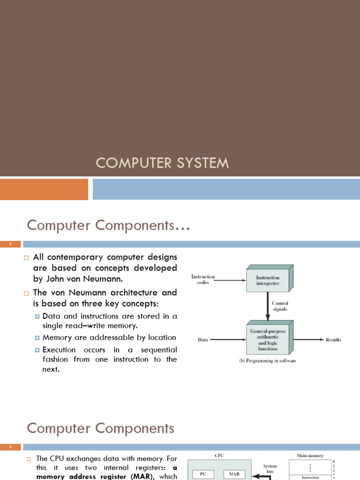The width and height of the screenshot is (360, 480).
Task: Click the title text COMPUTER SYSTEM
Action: click(163, 163)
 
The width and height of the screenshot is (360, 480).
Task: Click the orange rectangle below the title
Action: click(44, 189)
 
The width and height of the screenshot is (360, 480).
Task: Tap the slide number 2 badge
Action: click(10, 244)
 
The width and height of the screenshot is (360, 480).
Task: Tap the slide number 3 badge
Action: click(10, 447)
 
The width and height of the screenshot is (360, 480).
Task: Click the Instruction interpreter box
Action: click(268, 280)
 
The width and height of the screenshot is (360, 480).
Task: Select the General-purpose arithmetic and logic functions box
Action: click(268, 339)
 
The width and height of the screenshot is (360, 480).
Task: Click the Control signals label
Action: click(280, 307)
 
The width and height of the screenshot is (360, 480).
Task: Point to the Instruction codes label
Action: click(203, 280)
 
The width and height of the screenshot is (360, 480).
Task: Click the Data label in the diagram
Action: click(203, 340)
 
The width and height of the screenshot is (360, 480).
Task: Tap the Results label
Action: click(333, 340)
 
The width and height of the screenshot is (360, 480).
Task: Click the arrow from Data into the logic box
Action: click(227, 340)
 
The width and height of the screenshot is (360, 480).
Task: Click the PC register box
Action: click(203, 474)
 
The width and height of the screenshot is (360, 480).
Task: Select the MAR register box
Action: click(234, 474)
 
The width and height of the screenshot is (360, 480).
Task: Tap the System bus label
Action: click(270, 469)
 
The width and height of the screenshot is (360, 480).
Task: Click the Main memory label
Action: click(310, 456)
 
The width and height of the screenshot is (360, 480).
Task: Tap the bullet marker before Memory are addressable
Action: click(37, 337)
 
